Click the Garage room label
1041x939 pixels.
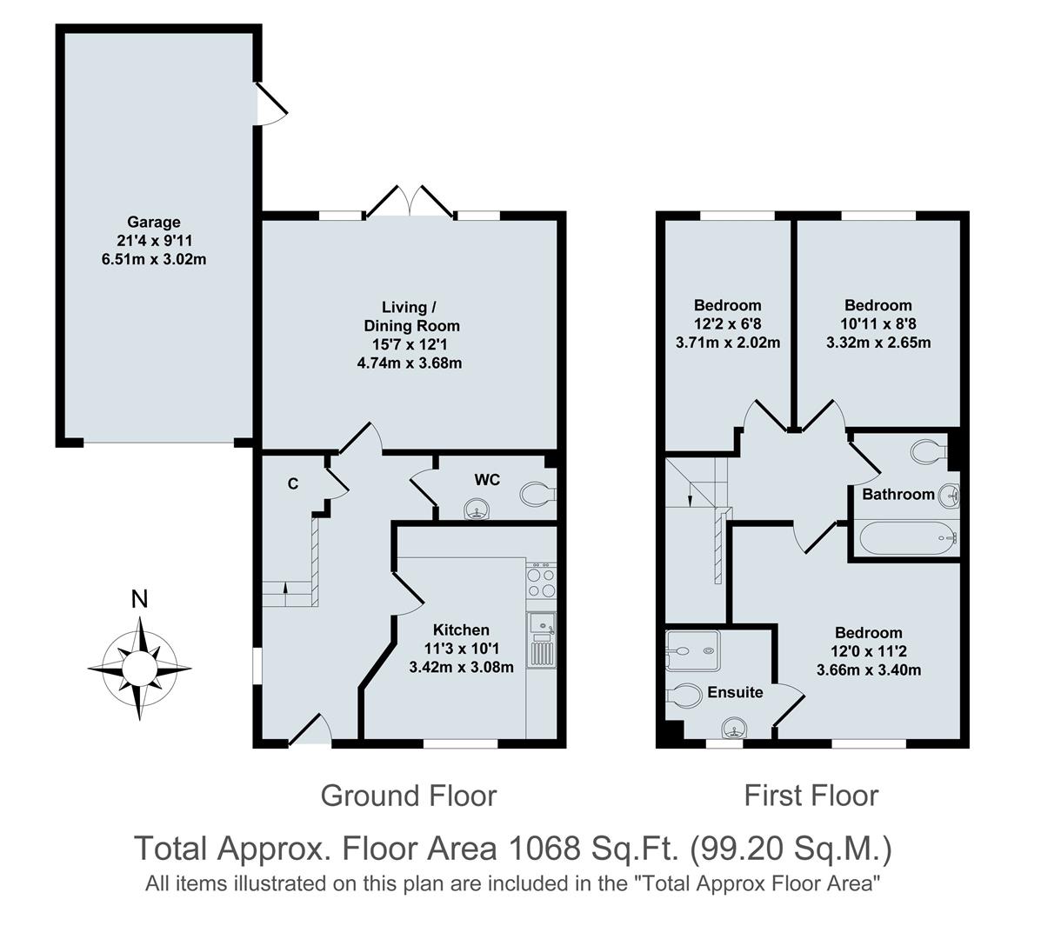point(154,222)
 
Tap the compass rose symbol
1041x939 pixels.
point(139,668)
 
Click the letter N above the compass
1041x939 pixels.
point(138,599)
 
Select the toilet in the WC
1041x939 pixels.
point(537,494)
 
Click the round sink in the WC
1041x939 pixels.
point(476,509)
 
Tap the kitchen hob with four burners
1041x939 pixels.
point(540,582)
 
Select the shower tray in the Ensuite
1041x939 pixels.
point(692,650)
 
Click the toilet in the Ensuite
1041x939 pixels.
point(684,696)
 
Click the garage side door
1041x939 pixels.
point(271,104)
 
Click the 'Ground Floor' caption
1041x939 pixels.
point(408,795)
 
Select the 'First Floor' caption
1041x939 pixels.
point(811,795)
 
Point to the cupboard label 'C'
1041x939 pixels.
point(293,483)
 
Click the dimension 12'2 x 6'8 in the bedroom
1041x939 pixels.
point(727,323)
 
